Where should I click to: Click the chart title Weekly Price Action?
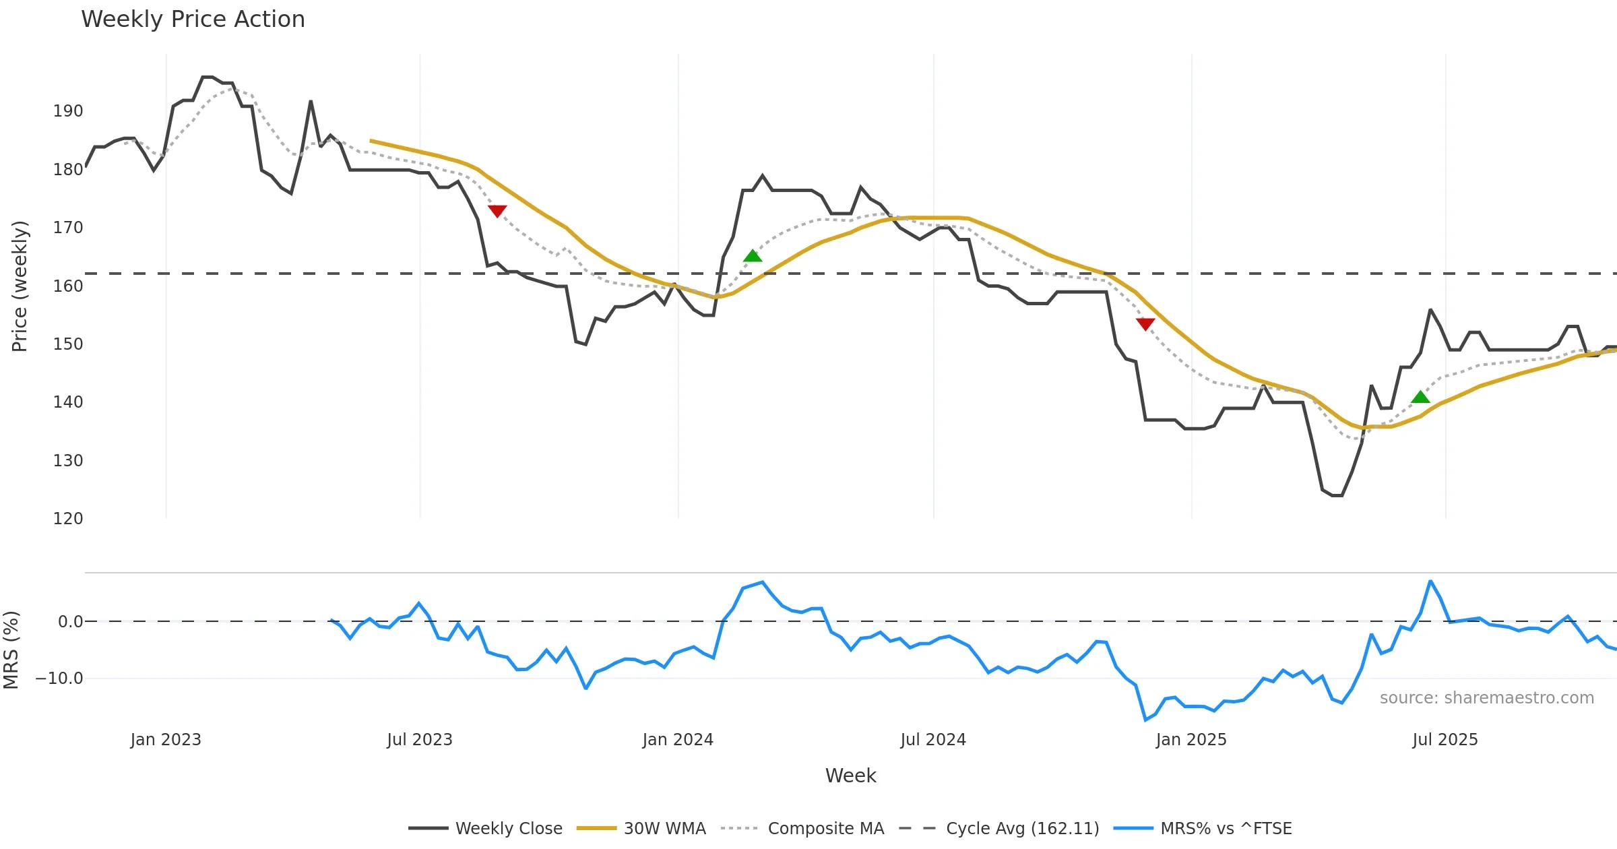193,20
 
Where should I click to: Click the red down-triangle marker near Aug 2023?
497,211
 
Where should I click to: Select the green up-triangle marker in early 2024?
753,256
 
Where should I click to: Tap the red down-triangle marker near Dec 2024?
1145,324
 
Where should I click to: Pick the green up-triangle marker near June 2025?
1420,398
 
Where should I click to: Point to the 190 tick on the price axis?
68,111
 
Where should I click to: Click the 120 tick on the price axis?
68,519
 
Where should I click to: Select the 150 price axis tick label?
68,344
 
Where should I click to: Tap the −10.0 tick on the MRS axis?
59,679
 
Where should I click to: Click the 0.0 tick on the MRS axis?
70,622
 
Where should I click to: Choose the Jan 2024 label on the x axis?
678,740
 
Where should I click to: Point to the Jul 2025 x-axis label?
1445,740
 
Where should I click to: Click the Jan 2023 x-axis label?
166,740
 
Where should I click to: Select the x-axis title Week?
850,776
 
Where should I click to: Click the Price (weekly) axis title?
20,286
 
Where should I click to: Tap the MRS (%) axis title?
11,650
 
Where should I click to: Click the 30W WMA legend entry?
664,829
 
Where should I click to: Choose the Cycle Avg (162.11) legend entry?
1022,829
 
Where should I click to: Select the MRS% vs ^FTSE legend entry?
1226,829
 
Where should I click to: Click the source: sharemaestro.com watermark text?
1486,698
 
